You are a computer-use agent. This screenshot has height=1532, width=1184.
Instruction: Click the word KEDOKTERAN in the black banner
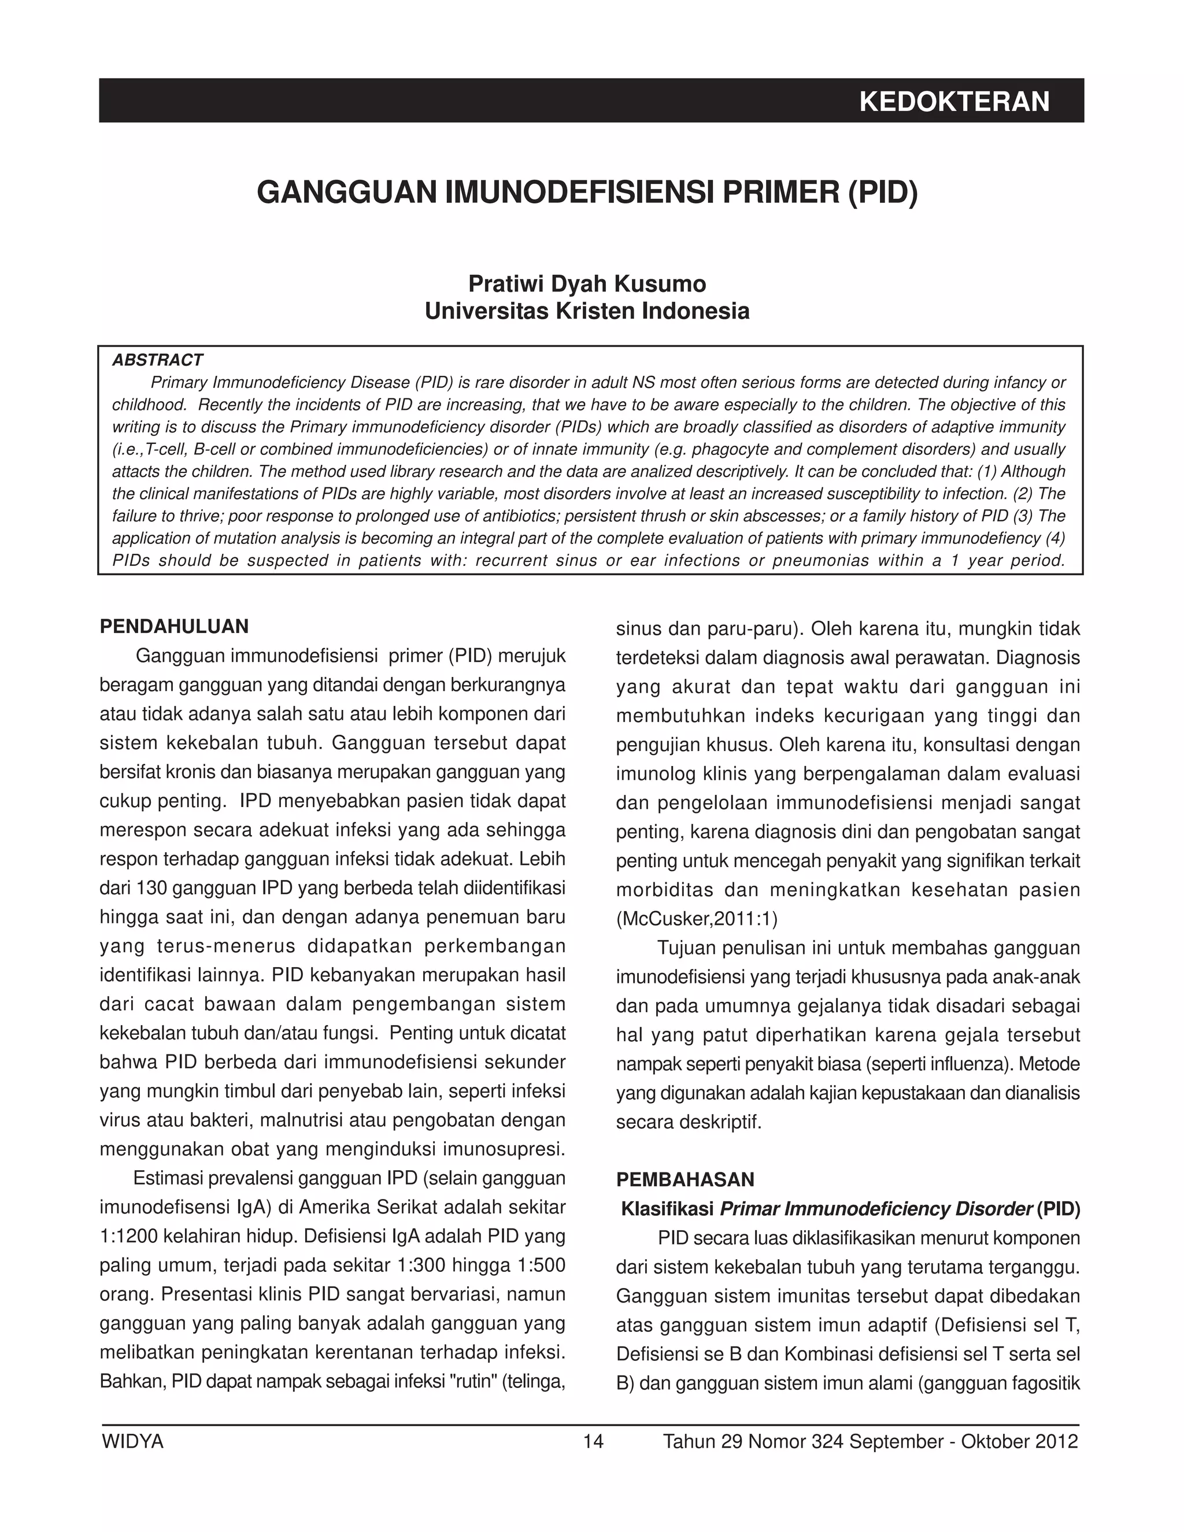click(x=954, y=102)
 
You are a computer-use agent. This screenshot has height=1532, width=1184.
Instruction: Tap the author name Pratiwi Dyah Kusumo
click(x=587, y=283)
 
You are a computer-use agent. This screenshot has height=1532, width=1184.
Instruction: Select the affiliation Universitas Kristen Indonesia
click(x=587, y=311)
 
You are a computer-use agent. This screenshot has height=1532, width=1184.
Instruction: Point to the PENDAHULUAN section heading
click(x=174, y=627)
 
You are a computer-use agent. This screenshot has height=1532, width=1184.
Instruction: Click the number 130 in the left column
click(x=150, y=889)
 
